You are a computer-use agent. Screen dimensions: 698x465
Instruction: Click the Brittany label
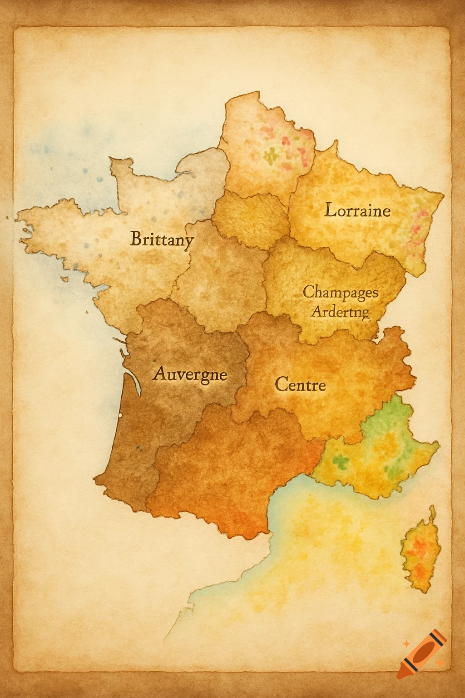162,239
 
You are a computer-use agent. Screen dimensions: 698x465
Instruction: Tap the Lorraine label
357,210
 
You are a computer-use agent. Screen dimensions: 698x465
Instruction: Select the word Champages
340,292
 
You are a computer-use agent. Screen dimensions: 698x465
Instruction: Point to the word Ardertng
340,312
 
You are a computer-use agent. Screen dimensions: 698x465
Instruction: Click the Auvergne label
190,374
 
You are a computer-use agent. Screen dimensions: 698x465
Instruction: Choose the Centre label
300,385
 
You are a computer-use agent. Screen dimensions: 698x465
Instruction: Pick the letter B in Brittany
135,239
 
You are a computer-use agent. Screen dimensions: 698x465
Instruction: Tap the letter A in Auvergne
159,374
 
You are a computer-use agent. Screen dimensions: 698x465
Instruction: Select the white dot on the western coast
120,415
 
